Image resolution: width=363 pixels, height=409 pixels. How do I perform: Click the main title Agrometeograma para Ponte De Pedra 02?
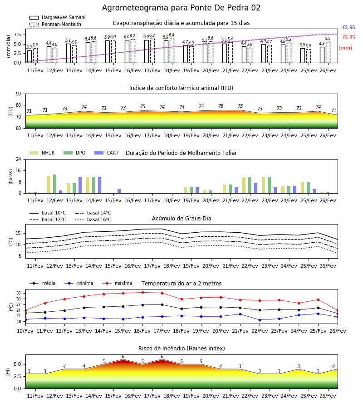pos(181,8)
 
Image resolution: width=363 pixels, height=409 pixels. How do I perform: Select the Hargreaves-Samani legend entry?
pos(58,17)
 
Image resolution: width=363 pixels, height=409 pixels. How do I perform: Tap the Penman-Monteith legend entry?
pos(55,24)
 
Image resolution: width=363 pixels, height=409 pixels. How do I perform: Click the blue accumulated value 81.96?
pos(349,27)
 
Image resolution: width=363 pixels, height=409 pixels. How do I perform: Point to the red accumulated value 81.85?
pos(349,37)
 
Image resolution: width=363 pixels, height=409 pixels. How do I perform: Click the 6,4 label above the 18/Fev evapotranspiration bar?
pos(172,35)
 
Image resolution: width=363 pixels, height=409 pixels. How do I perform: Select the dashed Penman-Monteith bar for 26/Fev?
pos(328,52)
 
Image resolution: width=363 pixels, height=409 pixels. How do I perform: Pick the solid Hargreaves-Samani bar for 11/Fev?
pos(29,57)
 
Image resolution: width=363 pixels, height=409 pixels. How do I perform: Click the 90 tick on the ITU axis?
pos(19,94)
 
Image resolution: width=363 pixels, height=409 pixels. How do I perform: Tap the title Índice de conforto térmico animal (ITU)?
pos(181,88)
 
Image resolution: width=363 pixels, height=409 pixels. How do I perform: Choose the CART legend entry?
pos(107,153)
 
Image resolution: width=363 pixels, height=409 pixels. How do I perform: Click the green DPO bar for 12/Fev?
pos(55,184)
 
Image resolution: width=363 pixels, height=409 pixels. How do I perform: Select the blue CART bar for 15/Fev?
pos(119,191)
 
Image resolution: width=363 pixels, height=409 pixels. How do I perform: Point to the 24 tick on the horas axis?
pos(19,159)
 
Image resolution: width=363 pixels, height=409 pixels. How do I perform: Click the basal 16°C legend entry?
pos(93,219)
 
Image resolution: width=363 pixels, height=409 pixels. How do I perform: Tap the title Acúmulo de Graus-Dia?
pos(181,218)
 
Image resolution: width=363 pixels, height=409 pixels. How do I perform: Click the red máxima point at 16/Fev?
pos(142,292)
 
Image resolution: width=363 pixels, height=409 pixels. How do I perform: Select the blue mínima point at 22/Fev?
pos(260,320)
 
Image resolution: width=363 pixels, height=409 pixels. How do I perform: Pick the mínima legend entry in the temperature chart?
pos(79,283)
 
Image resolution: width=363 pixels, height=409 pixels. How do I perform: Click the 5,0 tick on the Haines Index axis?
pos(17,364)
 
